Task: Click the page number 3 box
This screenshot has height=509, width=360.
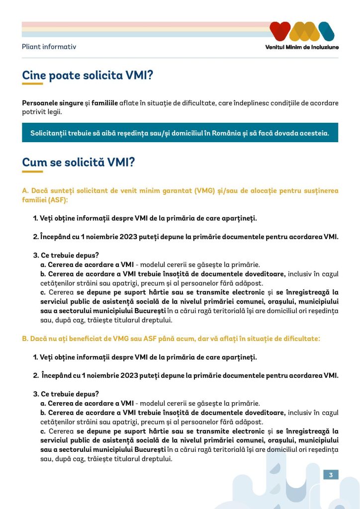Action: tap(331, 475)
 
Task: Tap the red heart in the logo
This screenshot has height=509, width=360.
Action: tap(281, 31)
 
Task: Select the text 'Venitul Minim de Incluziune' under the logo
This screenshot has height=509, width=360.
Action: tap(302, 47)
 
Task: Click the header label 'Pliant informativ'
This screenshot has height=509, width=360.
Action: tap(49, 47)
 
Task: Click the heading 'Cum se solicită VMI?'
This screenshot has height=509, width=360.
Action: tap(78, 162)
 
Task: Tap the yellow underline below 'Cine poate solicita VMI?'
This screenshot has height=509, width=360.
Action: tap(32, 84)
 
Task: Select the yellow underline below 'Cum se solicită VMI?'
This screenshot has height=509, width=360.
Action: tap(32, 171)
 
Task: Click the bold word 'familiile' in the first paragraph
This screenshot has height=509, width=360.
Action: tap(104, 103)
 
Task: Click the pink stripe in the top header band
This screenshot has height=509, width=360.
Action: tap(144, 24)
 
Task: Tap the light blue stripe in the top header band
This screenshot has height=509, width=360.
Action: tap(144, 35)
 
